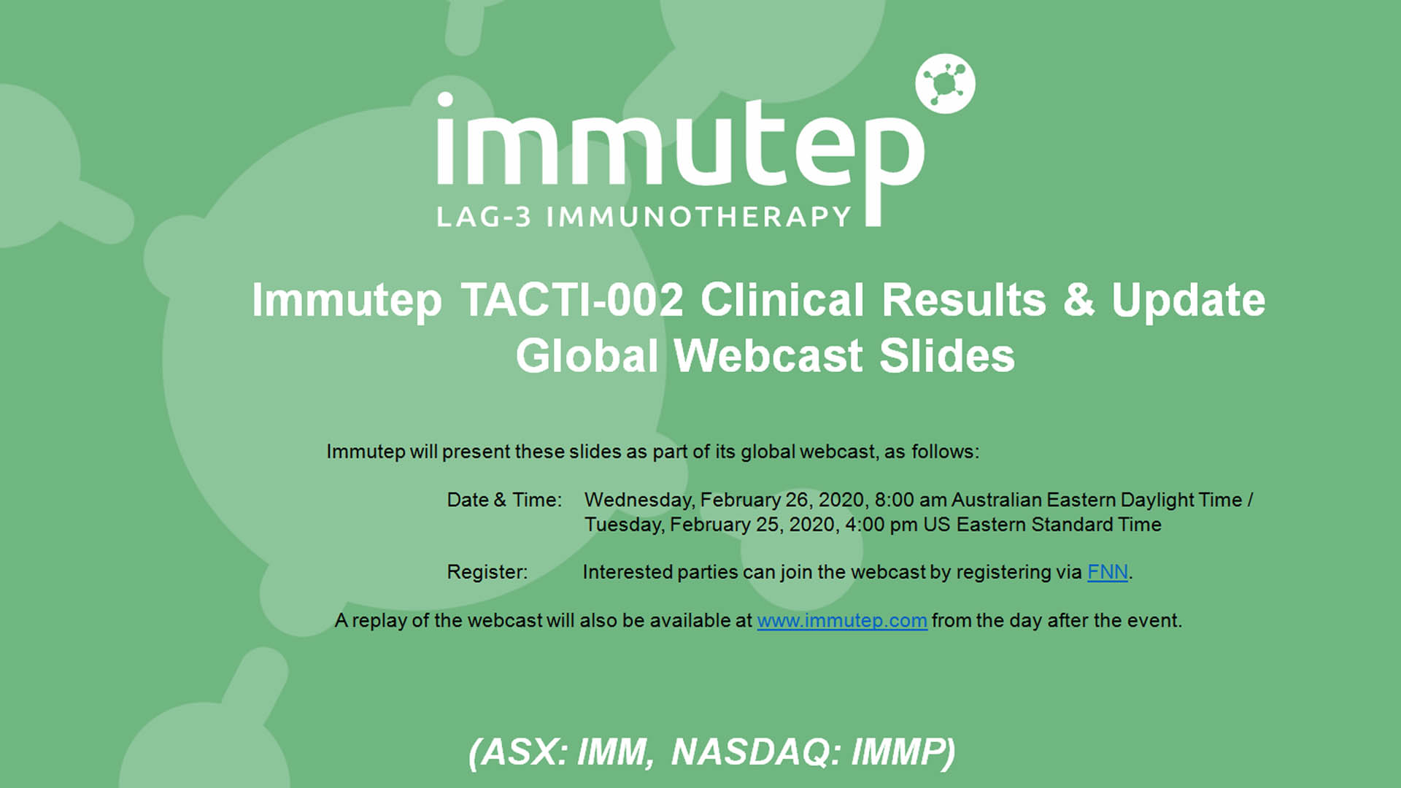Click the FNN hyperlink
(1108, 572)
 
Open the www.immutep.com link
(842, 621)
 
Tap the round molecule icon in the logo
(945, 84)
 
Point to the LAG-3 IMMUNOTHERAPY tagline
(644, 217)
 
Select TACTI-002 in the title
(572, 300)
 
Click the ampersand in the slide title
(1078, 300)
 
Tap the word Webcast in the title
(768, 356)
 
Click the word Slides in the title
(946, 356)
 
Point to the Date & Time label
(504, 500)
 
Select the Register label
(487, 572)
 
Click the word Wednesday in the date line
(640, 501)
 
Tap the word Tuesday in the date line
(625, 525)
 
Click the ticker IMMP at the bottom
(903, 752)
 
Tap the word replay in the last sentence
(380, 622)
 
